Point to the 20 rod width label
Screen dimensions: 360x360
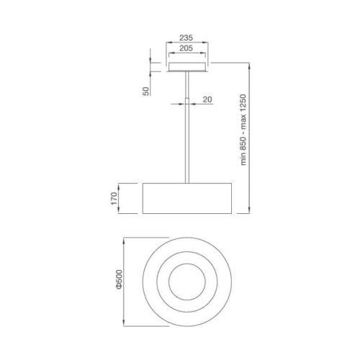pos(207,100)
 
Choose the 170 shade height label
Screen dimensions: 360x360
pos(114,199)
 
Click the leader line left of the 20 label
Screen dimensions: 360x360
pos(176,104)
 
